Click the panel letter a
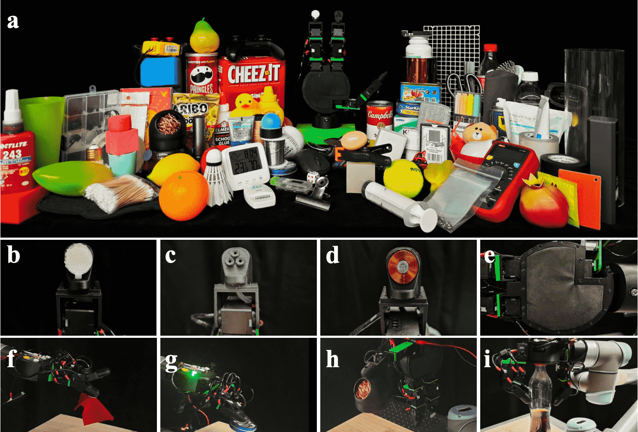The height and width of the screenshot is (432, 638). click(13, 21)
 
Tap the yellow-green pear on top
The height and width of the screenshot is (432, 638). click(204, 37)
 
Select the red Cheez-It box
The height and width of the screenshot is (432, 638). click(252, 82)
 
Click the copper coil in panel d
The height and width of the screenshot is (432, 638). click(403, 268)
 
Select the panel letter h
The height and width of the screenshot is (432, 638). click(332, 359)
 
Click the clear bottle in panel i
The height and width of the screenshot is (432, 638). click(540, 393)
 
